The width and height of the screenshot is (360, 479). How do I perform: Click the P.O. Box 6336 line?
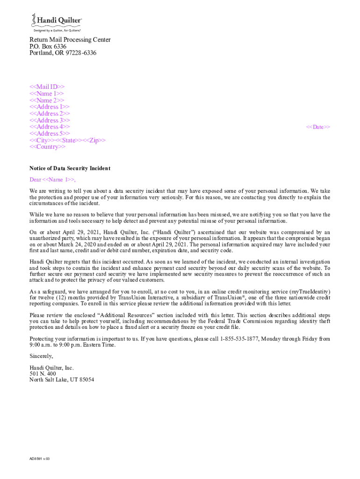coord(48,47)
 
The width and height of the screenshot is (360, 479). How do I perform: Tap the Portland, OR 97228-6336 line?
coord(63,53)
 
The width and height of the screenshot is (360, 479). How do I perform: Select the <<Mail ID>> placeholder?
coord(47,87)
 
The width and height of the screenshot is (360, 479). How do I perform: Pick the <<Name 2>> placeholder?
coord(47,101)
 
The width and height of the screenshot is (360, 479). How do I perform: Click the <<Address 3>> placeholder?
coord(50,120)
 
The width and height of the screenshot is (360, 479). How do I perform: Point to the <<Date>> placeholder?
coord(318,127)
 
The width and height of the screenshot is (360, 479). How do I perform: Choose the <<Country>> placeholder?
coord(48,147)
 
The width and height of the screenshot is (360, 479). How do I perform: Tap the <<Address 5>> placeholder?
coord(50,134)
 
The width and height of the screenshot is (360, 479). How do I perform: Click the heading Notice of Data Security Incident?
coord(70,168)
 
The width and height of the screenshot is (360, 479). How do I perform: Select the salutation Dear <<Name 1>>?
coord(52,180)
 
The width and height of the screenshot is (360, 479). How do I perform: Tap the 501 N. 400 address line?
coord(43,374)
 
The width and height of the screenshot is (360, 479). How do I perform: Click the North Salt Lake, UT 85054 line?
coord(62,380)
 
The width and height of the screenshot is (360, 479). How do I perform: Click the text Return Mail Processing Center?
coord(70,40)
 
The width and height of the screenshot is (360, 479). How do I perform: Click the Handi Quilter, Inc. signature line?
coord(51,368)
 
